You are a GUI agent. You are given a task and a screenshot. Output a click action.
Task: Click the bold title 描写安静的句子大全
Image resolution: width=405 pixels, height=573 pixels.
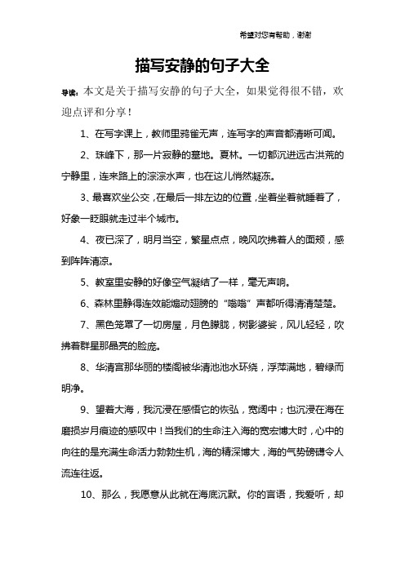tap(202, 64)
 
